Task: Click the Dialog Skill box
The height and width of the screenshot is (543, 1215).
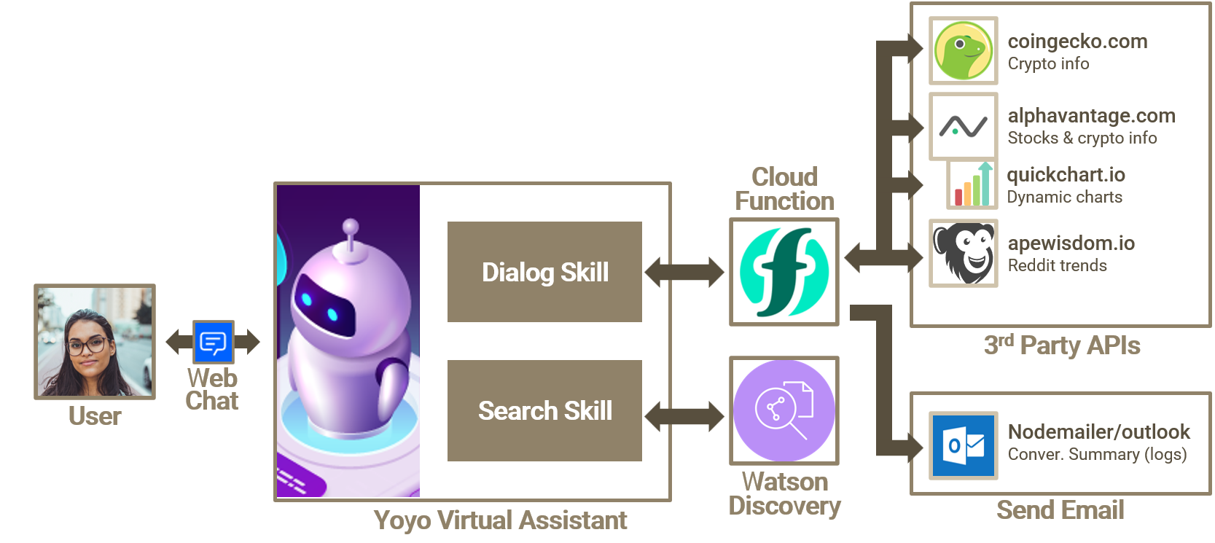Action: point(544,272)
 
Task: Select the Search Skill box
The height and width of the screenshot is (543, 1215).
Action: point(544,410)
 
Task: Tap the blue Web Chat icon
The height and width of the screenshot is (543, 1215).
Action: point(213,342)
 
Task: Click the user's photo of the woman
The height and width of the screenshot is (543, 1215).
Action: point(95,342)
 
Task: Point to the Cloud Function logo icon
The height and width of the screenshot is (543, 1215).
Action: point(784,272)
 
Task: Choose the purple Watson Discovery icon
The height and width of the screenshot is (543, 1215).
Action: point(784,410)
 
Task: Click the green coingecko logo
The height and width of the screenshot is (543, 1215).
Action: point(963,51)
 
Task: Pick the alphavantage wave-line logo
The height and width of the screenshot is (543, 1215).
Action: point(963,126)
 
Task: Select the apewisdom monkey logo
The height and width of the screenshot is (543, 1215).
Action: point(963,253)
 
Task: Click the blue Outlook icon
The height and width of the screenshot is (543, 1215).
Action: point(963,445)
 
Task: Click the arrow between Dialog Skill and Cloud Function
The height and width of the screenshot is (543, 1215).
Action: point(685,272)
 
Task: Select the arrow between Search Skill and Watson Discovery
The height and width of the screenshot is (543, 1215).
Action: point(685,416)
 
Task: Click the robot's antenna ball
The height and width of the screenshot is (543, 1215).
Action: point(351,226)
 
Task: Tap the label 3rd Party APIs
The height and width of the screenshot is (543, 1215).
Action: point(1061,345)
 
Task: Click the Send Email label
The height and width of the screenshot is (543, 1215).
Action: point(1060,510)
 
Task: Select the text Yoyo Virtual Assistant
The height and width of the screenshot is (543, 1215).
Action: point(500,520)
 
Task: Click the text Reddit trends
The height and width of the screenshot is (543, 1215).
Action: point(1057,266)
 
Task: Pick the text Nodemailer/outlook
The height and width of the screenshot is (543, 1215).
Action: point(1098,431)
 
